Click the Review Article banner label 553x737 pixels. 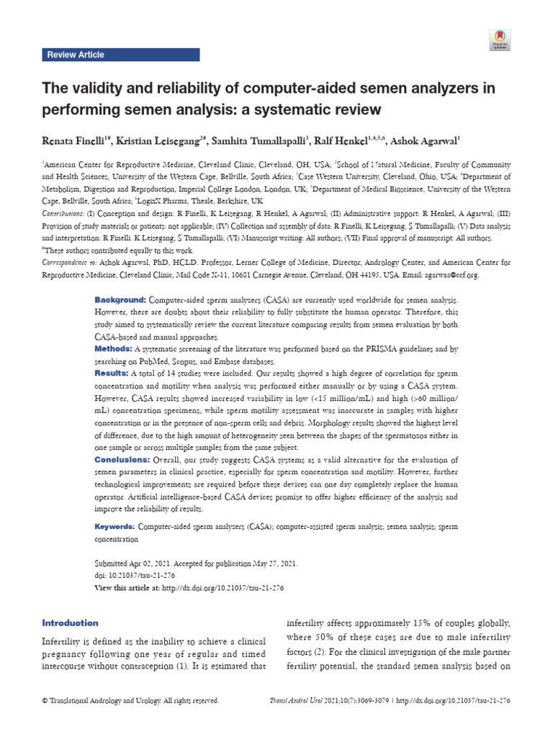[75, 55]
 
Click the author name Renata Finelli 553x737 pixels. [78, 138]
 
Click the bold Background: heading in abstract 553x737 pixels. [121, 299]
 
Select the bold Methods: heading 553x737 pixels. [113, 348]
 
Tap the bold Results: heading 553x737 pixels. [112, 374]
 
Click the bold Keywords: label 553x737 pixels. [116, 527]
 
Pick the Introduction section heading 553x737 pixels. [70, 623]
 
